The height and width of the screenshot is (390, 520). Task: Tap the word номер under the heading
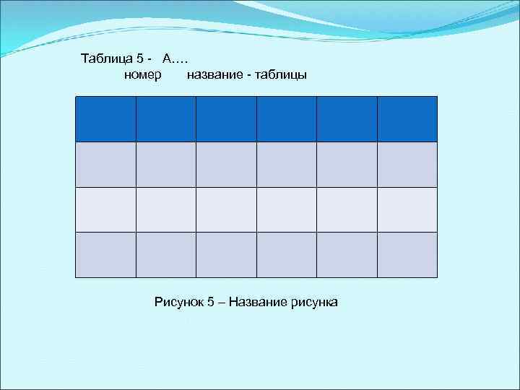coord(143,74)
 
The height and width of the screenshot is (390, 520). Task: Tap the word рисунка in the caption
coord(315,301)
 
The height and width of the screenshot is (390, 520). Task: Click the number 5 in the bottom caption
coord(211,301)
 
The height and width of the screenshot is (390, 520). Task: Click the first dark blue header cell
coord(105,119)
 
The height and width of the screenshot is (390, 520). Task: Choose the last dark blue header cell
coord(407,119)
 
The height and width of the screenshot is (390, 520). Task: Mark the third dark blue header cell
coord(226,119)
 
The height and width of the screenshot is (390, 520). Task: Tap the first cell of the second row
coord(105,165)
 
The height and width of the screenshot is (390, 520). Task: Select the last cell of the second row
coord(407,165)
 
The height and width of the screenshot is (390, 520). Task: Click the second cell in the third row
coord(165,209)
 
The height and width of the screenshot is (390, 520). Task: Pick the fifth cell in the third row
coord(347,209)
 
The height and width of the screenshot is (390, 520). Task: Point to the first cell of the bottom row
coord(105,255)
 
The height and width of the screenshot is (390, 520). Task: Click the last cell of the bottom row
coord(407,255)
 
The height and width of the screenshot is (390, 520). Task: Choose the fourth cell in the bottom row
coord(286,255)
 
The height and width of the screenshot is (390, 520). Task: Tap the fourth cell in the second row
coord(286,165)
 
